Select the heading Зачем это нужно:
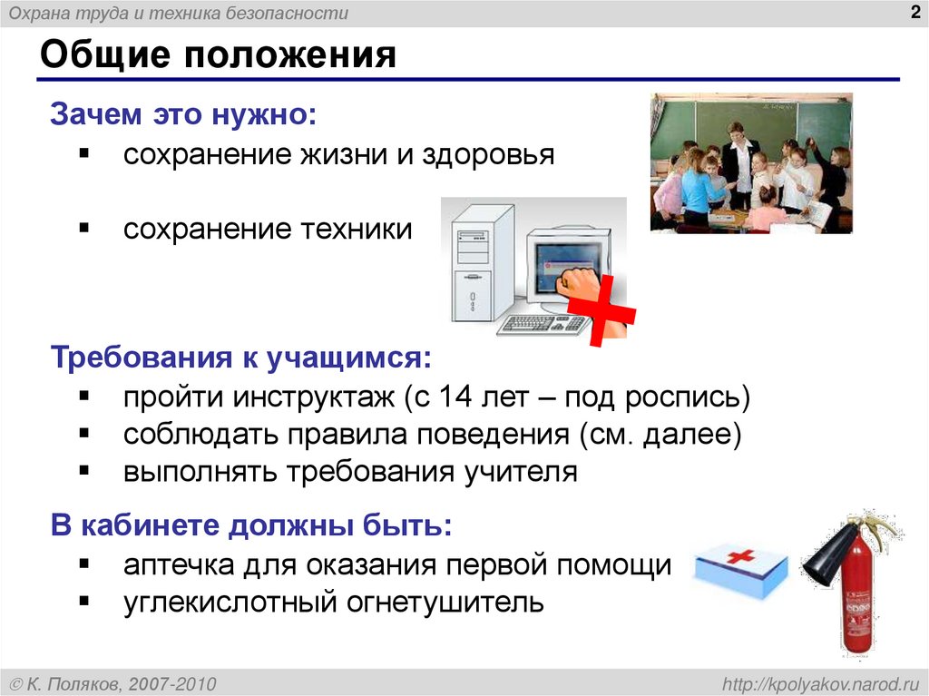click(184, 115)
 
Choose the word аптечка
click(177, 564)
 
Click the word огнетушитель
click(441, 602)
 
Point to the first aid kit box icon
click(739, 570)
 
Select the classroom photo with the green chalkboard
click(750, 163)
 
